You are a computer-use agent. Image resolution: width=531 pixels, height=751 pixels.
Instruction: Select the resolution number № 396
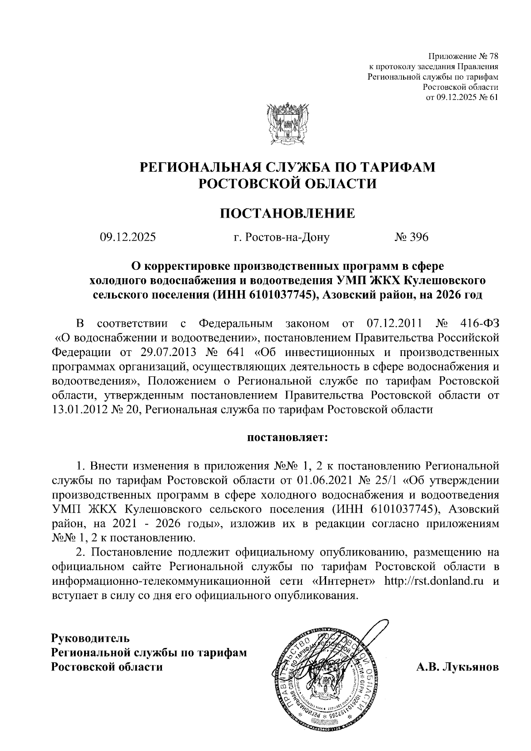412,238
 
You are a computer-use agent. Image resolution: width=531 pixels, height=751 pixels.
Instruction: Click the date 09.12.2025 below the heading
128,238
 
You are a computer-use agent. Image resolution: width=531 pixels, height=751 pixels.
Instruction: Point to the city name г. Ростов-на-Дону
281,238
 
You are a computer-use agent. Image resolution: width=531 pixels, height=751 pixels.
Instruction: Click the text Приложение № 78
463,57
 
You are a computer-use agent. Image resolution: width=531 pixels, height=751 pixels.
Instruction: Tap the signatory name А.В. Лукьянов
457,667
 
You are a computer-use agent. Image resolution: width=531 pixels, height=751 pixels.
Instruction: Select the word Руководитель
91,639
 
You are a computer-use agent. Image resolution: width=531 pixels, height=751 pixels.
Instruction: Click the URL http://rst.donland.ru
434,581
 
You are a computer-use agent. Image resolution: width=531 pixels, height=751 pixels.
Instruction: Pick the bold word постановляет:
288,438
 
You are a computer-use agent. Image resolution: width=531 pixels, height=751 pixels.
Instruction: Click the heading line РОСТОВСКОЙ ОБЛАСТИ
288,183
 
